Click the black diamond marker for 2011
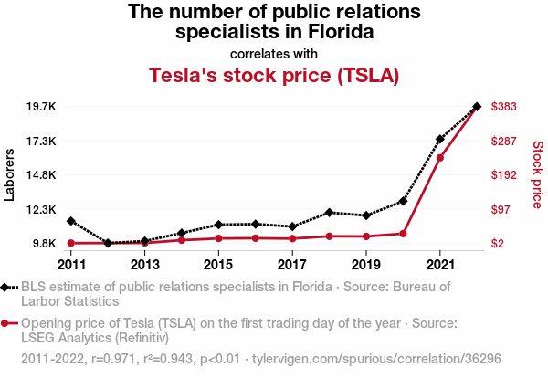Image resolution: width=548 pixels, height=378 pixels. pyautogui.click(x=71, y=221)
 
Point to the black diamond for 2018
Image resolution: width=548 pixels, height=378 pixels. pyautogui.click(x=329, y=212)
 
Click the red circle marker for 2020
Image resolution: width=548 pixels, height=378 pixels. pyautogui.click(x=403, y=233)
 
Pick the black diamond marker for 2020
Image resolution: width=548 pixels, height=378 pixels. pyautogui.click(x=403, y=201)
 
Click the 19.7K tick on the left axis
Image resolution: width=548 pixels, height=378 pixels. pyautogui.click(x=40, y=107)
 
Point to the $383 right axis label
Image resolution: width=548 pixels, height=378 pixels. pyautogui.click(x=505, y=107)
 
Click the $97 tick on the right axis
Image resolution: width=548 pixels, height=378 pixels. pyautogui.click(x=502, y=209)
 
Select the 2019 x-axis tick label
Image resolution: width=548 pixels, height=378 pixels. pyautogui.click(x=365, y=265)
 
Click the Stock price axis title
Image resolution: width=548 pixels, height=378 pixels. pyautogui.click(x=537, y=174)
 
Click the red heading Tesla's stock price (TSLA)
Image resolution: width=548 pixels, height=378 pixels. pyautogui.click(x=274, y=76)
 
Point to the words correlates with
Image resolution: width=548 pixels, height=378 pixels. pyautogui.click(x=274, y=53)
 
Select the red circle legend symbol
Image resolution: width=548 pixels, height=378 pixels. pyautogui.click(x=9, y=323)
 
